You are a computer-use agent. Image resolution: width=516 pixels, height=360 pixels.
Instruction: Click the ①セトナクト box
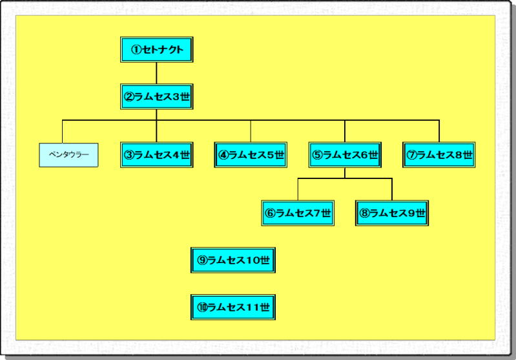[157, 50]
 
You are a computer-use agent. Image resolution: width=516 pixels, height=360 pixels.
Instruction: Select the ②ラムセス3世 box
[157, 97]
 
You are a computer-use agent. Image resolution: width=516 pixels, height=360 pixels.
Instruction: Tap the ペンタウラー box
[68, 155]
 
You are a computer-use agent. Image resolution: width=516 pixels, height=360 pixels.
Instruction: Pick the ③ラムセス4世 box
[157, 155]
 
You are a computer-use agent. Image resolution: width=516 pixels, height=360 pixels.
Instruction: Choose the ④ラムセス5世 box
[251, 155]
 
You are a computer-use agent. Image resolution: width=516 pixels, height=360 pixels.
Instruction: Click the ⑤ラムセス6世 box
[344, 155]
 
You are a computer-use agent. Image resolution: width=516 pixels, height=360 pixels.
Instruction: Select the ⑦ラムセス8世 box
[439, 155]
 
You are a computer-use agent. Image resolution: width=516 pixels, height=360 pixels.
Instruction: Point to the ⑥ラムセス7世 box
[298, 213]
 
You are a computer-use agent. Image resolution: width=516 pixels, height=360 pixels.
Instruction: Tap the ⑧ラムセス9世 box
[392, 213]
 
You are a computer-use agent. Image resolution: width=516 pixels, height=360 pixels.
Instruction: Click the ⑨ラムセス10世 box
[234, 260]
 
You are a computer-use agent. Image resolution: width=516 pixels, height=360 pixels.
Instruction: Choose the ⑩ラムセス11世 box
[234, 307]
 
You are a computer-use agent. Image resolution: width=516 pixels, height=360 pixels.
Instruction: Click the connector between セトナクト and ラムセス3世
[157, 73]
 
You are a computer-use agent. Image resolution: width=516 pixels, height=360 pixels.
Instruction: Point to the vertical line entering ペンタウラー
[63, 131]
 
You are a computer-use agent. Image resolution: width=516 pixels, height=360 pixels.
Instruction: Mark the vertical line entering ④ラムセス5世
[251, 131]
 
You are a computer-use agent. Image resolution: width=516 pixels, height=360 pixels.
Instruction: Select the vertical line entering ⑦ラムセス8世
[439, 131]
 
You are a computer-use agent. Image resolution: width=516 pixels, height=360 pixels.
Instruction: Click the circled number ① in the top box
[136, 50]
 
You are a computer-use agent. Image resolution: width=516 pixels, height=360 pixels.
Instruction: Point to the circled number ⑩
[202, 308]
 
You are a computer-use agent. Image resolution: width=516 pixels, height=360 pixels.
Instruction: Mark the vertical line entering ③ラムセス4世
[157, 131]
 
